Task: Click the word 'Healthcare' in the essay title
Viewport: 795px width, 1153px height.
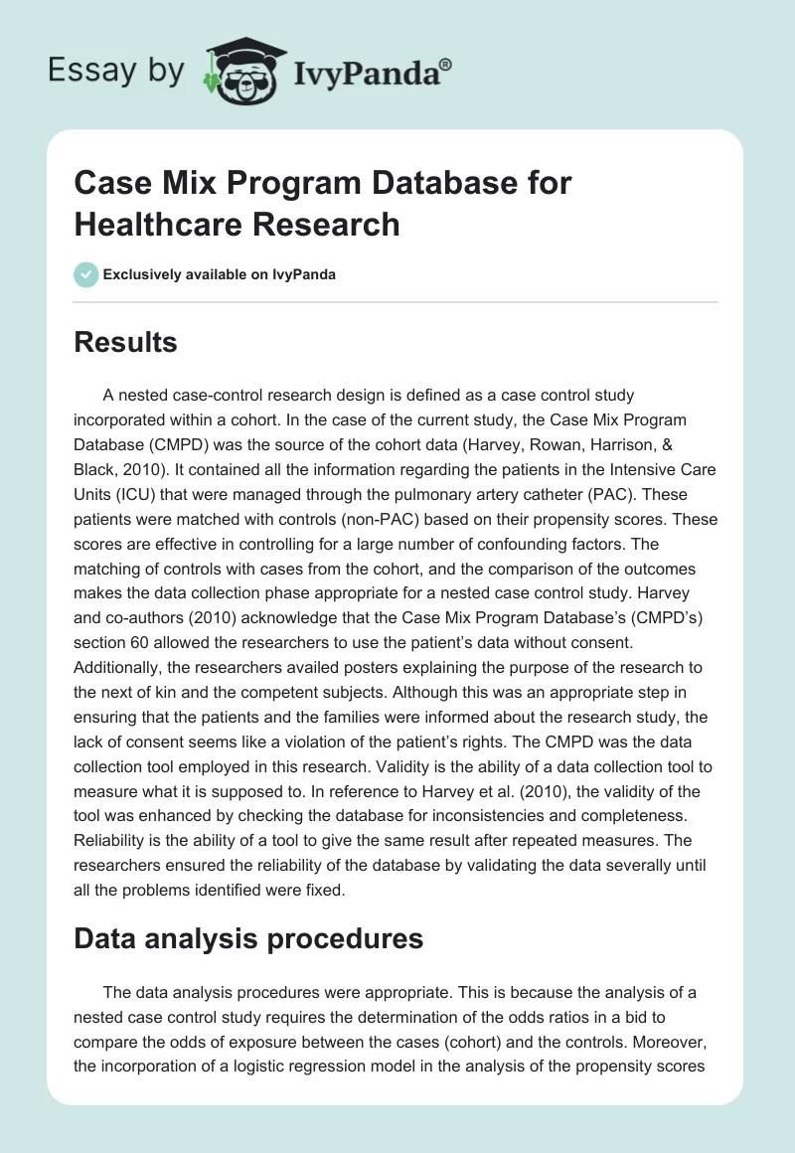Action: point(158,225)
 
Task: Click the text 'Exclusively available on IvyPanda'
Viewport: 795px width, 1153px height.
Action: point(218,274)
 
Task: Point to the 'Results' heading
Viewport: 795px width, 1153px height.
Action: point(125,343)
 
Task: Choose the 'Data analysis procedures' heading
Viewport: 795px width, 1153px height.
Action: point(248,938)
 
